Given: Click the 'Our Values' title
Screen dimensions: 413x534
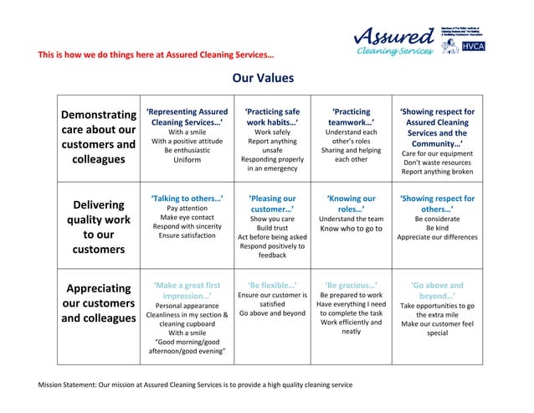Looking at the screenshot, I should coord(263,79).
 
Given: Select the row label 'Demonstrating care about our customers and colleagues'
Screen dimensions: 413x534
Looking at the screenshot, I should coord(99,137).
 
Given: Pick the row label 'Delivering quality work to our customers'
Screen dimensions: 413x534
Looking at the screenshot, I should coord(99,227).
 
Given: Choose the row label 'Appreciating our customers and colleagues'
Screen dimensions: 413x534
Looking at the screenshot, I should coord(99,303).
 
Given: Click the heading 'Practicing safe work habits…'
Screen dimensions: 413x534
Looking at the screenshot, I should coord(272,117).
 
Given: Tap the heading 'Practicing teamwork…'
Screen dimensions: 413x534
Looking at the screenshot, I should coord(351,117).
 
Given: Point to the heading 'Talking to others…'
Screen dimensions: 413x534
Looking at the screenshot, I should coord(187,199).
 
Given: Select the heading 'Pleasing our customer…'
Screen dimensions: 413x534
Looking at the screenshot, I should coord(272,204).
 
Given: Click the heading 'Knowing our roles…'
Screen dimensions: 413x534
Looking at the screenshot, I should coord(351,204).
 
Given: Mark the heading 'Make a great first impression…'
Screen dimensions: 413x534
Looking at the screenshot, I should coord(187,291).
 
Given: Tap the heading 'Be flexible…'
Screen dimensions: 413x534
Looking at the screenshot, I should coord(272,285).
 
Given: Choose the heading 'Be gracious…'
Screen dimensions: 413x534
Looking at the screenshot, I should coord(351,285).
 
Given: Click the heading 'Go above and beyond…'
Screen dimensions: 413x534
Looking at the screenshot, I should coord(437,291).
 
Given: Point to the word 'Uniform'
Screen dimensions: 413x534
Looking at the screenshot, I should coord(187,160).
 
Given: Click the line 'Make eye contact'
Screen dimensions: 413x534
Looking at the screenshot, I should coord(187,217).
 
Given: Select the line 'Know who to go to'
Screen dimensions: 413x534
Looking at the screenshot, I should coord(351,228).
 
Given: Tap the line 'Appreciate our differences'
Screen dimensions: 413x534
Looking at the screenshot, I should coord(437,237).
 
